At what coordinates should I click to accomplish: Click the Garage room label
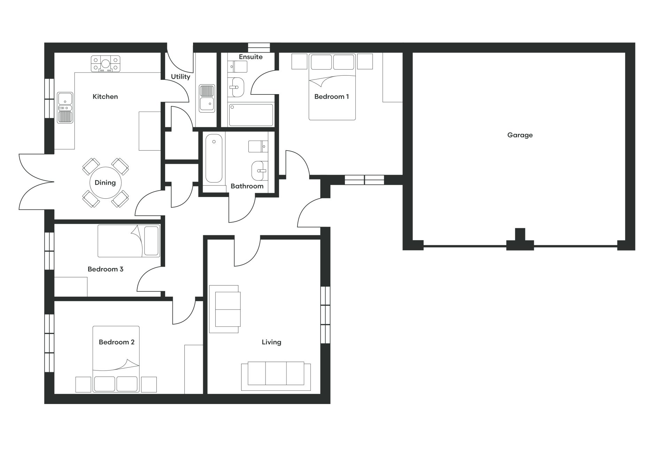click(520, 135)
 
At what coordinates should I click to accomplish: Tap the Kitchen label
click(105, 97)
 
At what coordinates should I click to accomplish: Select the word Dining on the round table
click(105, 183)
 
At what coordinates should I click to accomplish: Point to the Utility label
click(180, 77)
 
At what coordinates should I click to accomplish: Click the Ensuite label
click(251, 57)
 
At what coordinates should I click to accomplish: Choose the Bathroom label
click(247, 186)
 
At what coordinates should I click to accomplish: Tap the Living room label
click(271, 342)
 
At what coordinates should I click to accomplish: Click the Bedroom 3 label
click(106, 269)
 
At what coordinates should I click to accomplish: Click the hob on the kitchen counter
click(106, 64)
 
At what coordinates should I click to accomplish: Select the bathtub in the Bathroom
click(214, 158)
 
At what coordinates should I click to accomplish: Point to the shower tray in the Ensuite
click(251, 115)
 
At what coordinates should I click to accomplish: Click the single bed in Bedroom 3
click(129, 241)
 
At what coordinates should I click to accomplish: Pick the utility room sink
click(207, 98)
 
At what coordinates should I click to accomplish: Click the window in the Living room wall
click(325, 315)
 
